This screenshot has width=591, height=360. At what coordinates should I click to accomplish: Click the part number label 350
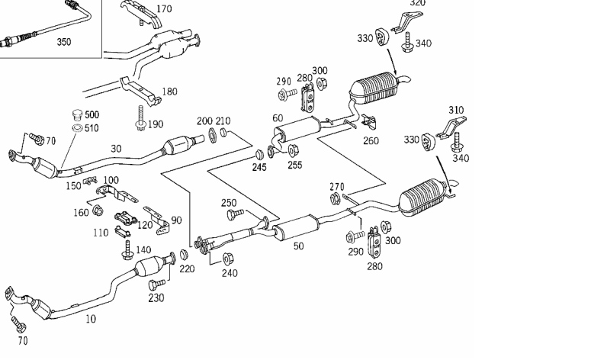click(x=64, y=41)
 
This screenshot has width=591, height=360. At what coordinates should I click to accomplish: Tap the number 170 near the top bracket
click(x=164, y=8)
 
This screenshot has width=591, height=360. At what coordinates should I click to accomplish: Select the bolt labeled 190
click(x=141, y=118)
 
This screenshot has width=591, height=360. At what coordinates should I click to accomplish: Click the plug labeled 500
click(x=77, y=114)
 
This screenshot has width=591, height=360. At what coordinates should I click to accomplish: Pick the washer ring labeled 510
click(x=77, y=128)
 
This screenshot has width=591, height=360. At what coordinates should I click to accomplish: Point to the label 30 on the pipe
click(x=116, y=149)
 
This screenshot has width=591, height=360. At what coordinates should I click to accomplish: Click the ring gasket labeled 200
click(x=212, y=136)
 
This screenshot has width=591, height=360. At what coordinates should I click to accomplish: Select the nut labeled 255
click(x=293, y=151)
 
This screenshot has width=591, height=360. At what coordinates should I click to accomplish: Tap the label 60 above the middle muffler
click(x=278, y=118)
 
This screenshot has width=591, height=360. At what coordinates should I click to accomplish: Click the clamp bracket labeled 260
click(x=369, y=121)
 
